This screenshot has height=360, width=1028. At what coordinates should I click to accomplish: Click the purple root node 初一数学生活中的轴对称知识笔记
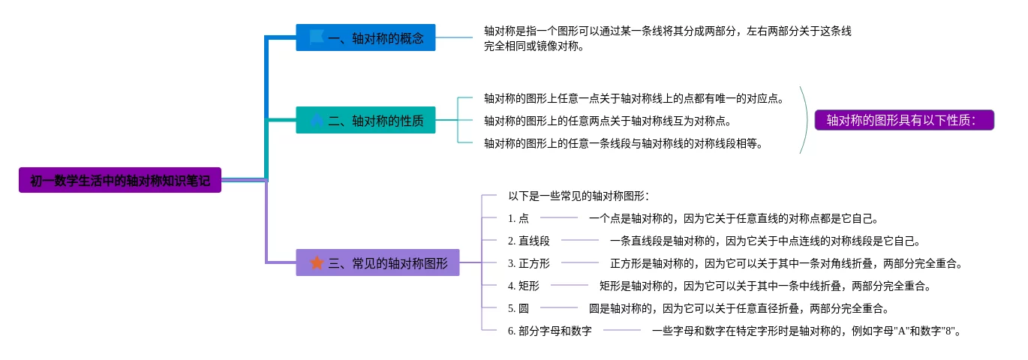pyautogui.click(x=120, y=180)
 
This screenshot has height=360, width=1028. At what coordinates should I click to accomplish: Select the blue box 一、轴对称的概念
pyautogui.click(x=365, y=37)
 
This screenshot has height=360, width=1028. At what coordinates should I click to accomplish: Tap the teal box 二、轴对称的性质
pyautogui.click(x=365, y=120)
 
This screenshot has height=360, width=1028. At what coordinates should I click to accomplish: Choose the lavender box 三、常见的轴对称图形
pyautogui.click(x=377, y=262)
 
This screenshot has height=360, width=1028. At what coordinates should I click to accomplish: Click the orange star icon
pyautogui.click(x=317, y=262)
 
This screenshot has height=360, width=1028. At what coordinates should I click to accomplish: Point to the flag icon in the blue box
pyautogui.click(x=317, y=37)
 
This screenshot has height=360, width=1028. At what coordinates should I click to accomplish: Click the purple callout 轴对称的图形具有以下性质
pyautogui.click(x=904, y=120)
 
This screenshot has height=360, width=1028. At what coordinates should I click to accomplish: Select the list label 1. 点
pyautogui.click(x=519, y=218)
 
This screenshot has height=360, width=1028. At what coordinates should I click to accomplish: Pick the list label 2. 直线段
pyautogui.click(x=529, y=241)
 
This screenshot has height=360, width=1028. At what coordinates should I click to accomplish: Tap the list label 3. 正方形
pyautogui.click(x=529, y=263)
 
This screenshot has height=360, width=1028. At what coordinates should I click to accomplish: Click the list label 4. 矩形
pyautogui.click(x=524, y=286)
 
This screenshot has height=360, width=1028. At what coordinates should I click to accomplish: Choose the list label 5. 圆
pyautogui.click(x=519, y=308)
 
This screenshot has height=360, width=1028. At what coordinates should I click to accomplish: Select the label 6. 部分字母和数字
pyautogui.click(x=550, y=331)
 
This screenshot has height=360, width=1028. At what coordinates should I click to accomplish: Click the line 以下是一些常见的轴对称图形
pyautogui.click(x=579, y=196)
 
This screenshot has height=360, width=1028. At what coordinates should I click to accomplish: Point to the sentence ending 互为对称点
pyautogui.click(x=608, y=121)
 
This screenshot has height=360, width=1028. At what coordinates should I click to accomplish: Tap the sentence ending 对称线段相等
pyautogui.click(x=624, y=143)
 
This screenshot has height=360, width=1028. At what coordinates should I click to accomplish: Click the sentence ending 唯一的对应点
pyautogui.click(x=634, y=98)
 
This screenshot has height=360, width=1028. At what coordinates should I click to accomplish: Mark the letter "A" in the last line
pyautogui.click(x=902, y=331)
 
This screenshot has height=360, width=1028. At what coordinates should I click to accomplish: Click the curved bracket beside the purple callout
pyautogui.click(x=806, y=120)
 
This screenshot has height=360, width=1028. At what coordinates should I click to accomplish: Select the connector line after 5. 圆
pyautogui.click(x=559, y=307)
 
